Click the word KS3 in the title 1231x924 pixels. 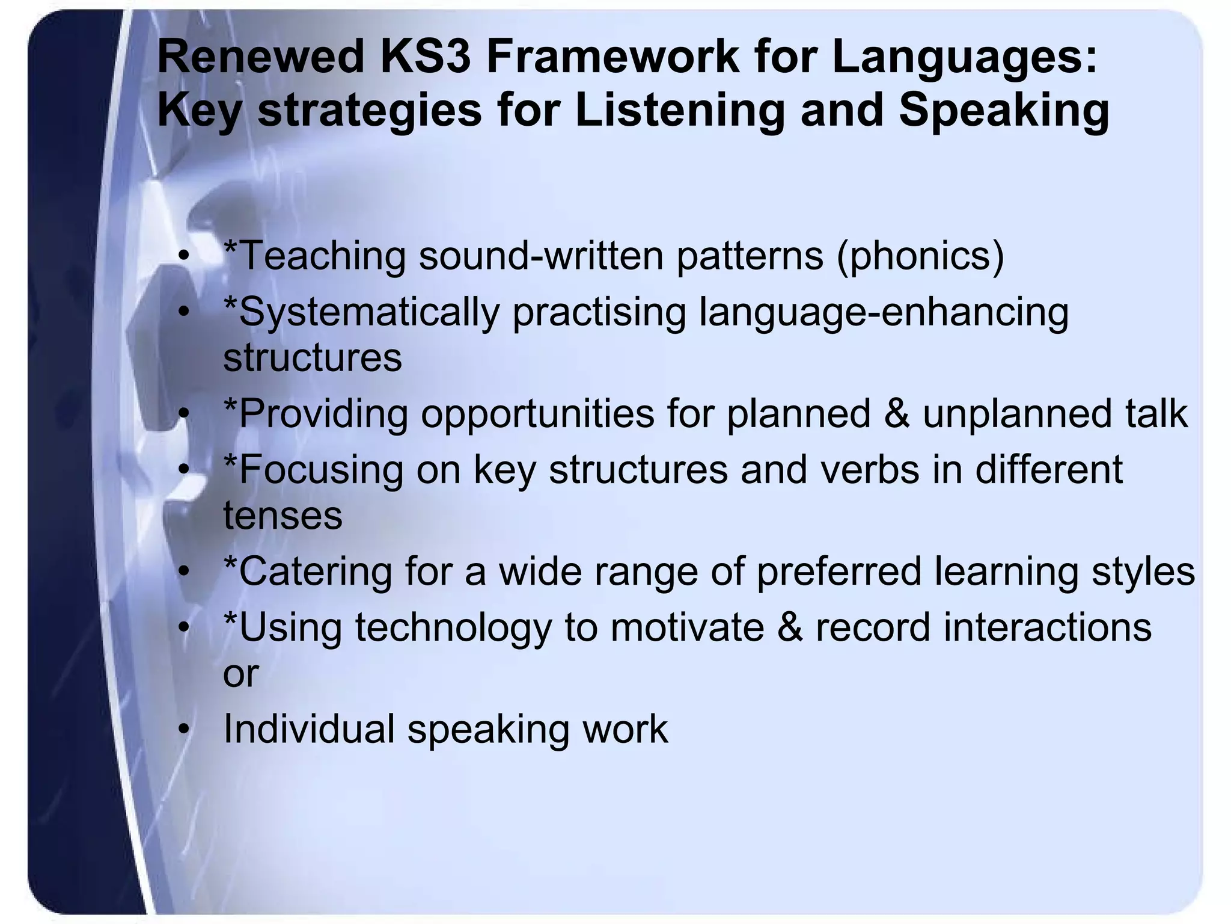(425, 56)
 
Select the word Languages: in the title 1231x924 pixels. (965, 56)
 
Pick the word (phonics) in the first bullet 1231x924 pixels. (920, 256)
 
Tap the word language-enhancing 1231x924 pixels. (884, 312)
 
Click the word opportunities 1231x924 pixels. (538, 414)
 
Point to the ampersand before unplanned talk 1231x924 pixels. (897, 414)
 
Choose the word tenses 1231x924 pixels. (283, 516)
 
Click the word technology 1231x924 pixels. (454, 627)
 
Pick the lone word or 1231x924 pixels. (240, 673)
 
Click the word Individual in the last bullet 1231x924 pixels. (309, 729)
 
